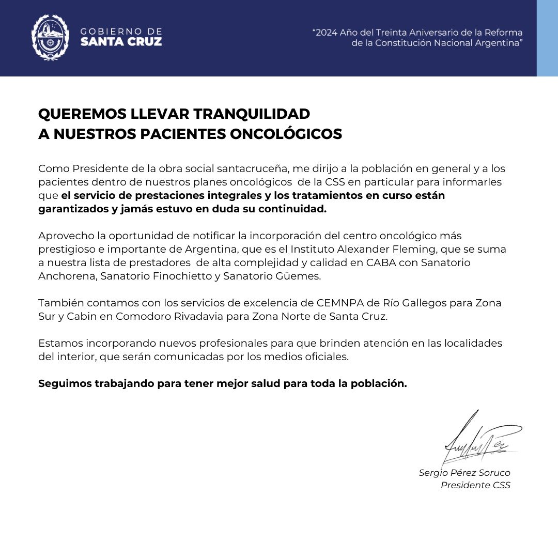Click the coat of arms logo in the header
tap(50, 37)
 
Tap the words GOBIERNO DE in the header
tap(121, 32)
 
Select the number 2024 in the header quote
tap(327, 33)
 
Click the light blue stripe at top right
tap(547, 38)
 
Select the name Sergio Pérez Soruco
tap(464, 473)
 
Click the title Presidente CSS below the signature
tap(475, 485)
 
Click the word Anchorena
tap(67, 276)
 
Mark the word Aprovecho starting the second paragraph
tap(66, 236)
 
